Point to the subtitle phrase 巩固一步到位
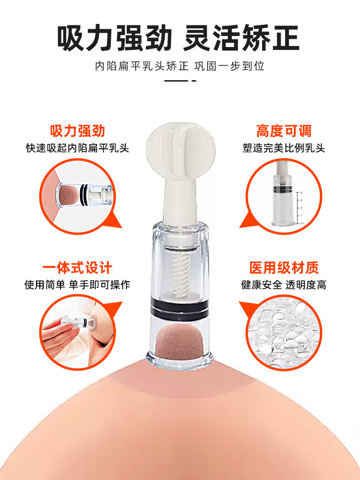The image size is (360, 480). (229, 66)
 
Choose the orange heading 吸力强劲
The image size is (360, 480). (77, 131)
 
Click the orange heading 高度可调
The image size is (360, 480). (283, 131)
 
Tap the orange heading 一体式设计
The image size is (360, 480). (77, 268)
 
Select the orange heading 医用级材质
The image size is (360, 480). (283, 268)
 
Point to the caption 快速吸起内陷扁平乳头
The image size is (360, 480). (77, 148)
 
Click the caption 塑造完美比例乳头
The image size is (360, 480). (283, 148)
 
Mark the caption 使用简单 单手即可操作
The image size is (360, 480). (77, 285)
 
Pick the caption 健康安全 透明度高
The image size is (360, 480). (283, 285)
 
